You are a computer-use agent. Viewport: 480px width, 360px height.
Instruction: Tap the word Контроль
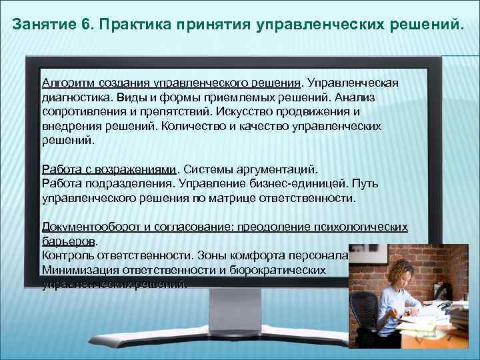tap(65, 255)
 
